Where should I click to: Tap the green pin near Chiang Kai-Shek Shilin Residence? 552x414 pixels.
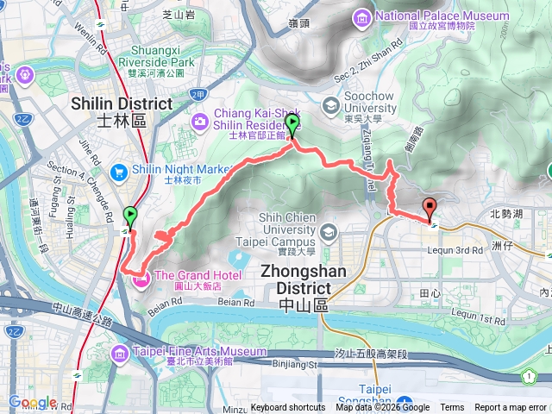coord(292,125)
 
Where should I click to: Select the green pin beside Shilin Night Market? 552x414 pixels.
coord(131,216)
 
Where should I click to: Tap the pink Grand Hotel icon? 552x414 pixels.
coord(140,278)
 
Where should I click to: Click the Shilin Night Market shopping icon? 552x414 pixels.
coord(122,171)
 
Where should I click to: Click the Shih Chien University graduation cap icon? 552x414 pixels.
coord(329,232)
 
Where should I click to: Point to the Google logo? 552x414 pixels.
coord(32,402)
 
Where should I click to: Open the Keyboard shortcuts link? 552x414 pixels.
coord(288,408)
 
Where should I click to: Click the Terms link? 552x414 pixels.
coord(452,408)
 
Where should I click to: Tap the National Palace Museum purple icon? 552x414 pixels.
coord(361,16)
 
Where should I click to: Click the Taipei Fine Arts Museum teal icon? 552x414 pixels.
coord(122,352)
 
